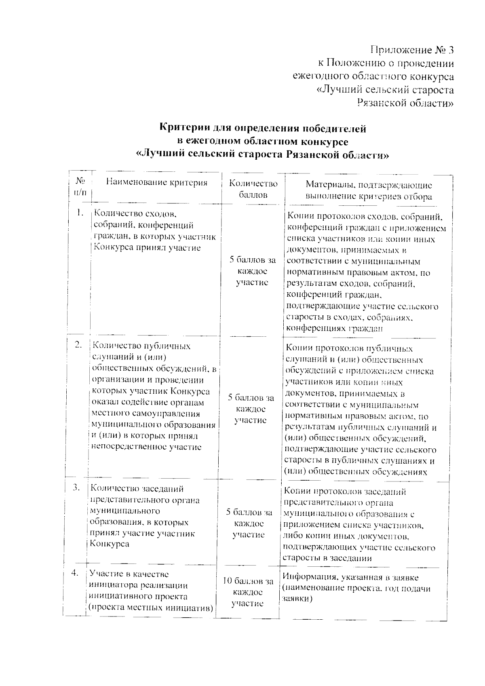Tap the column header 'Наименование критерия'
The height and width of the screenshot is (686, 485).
157,183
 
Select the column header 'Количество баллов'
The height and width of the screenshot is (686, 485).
253,189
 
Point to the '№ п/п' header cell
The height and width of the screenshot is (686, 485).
80,186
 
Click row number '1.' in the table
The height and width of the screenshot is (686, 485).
80,213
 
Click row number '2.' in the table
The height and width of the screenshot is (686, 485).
78,344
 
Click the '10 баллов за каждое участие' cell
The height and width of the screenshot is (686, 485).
248,592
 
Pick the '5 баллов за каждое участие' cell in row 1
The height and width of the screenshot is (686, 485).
253,271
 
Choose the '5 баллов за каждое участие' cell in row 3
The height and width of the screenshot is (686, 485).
249,523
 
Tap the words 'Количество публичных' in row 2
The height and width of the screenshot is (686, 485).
141,346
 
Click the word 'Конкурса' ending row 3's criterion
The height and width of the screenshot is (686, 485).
109,544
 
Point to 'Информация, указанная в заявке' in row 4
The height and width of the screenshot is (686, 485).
350,577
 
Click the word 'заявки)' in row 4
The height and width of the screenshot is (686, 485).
297,599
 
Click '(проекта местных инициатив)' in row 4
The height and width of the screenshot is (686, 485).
151,608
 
